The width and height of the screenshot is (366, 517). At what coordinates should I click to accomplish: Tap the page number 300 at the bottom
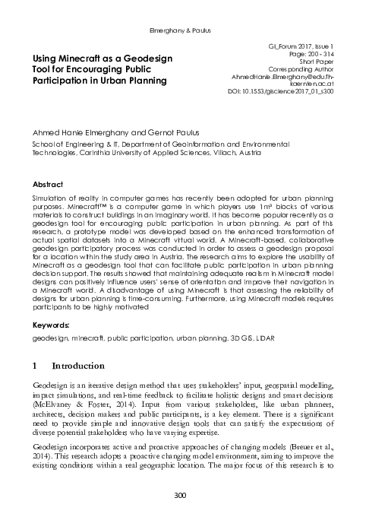point(182,495)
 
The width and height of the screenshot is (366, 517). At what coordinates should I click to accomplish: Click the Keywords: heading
point(50,325)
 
